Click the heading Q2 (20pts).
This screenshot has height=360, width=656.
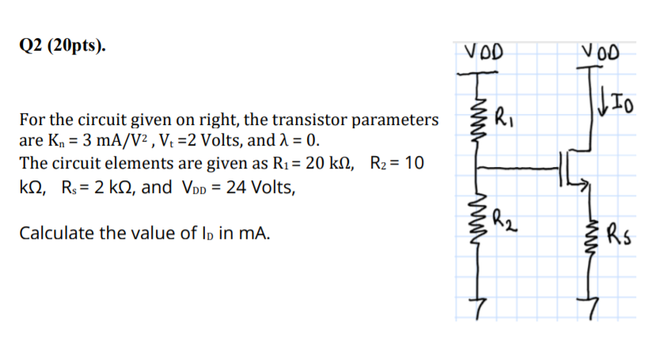click(61, 46)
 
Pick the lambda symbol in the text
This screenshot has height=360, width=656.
click(292, 142)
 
